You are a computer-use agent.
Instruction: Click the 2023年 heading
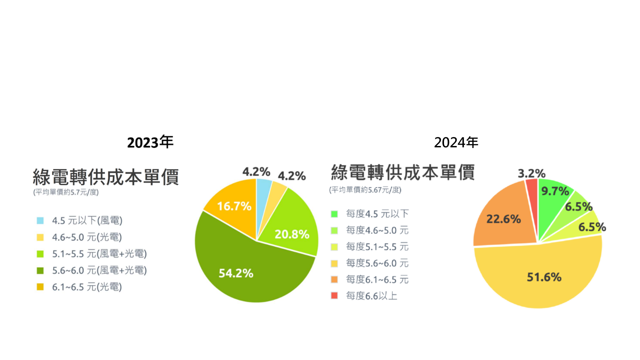(x=150, y=143)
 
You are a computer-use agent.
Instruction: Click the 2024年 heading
(x=456, y=143)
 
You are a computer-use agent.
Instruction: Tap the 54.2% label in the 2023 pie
(x=236, y=273)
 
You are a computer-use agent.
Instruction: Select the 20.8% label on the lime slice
(x=292, y=234)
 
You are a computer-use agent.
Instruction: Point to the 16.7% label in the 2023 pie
(x=234, y=206)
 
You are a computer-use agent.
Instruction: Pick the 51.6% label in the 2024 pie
(x=544, y=277)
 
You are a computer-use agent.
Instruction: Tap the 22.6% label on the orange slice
(x=503, y=219)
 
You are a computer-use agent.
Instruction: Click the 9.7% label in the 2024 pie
(x=555, y=191)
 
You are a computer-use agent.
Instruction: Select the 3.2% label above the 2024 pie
(x=531, y=173)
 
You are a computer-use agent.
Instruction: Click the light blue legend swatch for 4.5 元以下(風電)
(x=40, y=221)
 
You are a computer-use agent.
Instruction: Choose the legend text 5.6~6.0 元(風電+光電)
(x=99, y=270)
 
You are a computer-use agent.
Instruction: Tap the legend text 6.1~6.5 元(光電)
(x=87, y=287)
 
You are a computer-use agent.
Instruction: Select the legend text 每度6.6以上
(x=371, y=296)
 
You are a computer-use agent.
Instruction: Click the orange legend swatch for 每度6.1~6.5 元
(x=334, y=279)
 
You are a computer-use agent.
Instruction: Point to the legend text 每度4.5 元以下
(x=377, y=214)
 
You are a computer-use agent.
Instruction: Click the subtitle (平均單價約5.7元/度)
(x=66, y=192)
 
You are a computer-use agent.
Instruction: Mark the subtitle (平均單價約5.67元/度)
(x=365, y=190)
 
